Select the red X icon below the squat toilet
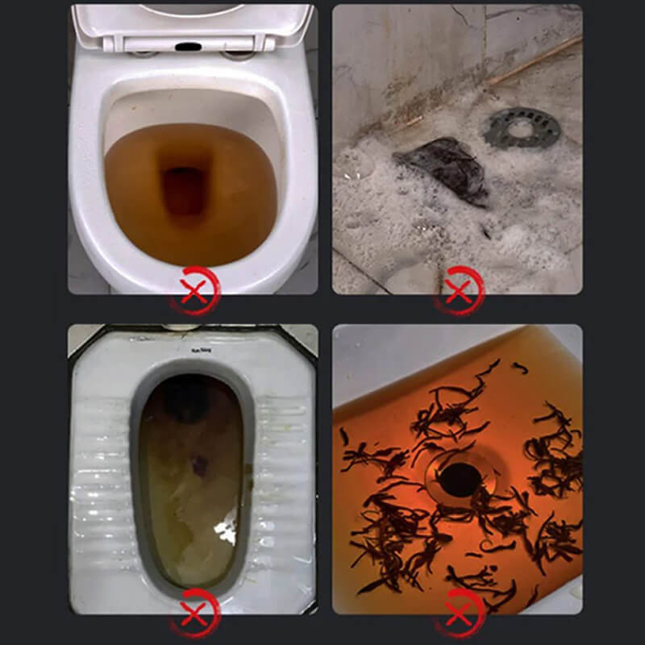[x=194, y=611]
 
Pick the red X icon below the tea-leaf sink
[x=458, y=611]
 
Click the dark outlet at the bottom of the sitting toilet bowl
[x=185, y=189]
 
